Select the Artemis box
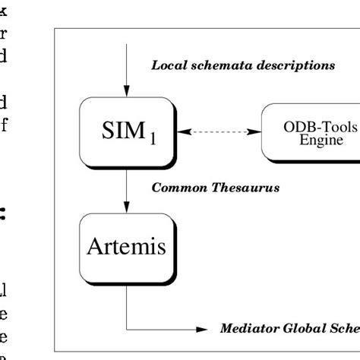(x=124, y=248)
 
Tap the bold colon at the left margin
(x=5, y=216)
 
